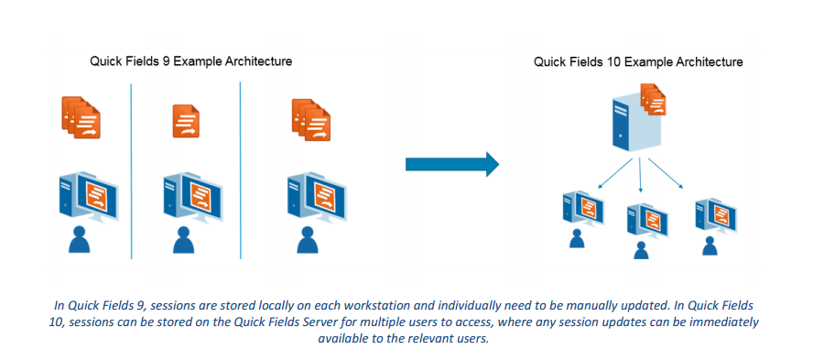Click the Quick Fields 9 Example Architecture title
tap(190, 61)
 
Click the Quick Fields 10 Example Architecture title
tap(638, 62)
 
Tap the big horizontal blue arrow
tap(452, 165)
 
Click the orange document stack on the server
tap(653, 99)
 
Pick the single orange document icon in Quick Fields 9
tap(186, 122)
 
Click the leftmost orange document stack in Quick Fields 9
tap(81, 117)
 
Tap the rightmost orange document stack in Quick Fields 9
tap(311, 120)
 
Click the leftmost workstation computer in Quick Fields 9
tap(89, 197)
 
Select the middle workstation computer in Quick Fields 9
tap(192, 198)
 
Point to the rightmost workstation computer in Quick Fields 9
tap(317, 199)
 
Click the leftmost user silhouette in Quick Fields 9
tap(80, 239)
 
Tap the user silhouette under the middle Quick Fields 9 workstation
tap(183, 240)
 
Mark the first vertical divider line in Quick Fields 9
tap(131, 170)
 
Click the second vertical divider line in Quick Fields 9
tap(240, 170)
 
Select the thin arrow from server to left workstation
tap(615, 172)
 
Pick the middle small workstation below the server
tap(647, 222)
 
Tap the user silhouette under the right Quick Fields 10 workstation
tap(710, 246)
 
